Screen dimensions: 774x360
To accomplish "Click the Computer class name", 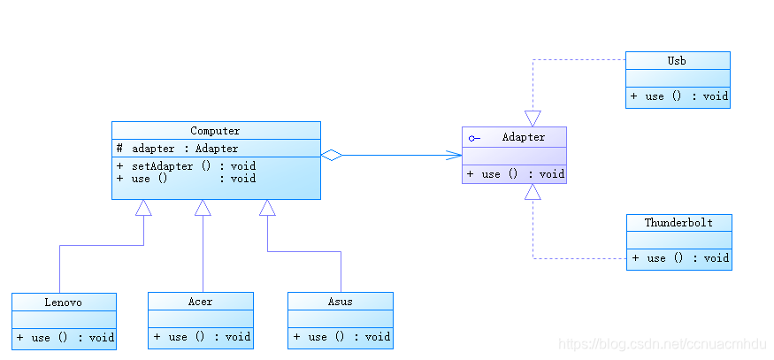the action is click(x=215, y=131).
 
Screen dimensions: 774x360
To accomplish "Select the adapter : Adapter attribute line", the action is click(x=178, y=148).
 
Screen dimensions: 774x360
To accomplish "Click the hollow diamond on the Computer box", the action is click(x=332, y=155).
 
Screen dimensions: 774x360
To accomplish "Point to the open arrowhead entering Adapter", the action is click(x=454, y=155).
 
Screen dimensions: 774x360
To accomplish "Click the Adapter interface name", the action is click(x=524, y=137).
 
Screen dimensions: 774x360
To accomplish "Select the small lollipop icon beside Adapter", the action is click(x=474, y=138).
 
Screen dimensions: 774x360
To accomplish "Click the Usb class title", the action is click(x=677, y=61).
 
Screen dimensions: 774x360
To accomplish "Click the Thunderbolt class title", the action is click(x=678, y=223).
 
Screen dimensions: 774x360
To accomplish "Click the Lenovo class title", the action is click(x=63, y=302).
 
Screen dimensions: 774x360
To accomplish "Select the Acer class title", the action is click(x=201, y=302).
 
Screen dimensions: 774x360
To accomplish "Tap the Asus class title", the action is click(x=340, y=302).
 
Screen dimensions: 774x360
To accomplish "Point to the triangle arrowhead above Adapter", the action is click(x=533, y=119).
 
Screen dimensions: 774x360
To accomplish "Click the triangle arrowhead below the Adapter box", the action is click(x=533, y=192).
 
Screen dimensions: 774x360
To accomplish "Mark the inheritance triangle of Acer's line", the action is click(x=203, y=207).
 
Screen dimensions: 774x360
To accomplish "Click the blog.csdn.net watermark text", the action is click(x=662, y=343).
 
